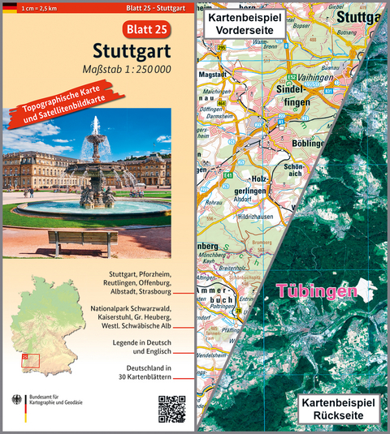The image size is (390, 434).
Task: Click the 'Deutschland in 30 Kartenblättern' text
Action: coord(155,374)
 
